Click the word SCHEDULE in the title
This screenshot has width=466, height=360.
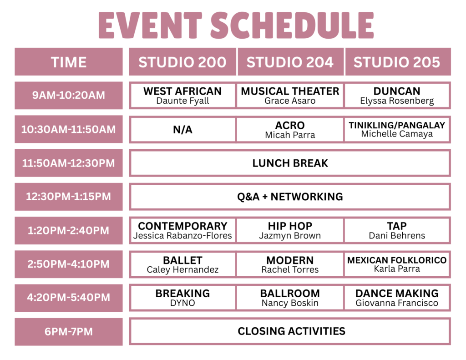[x=292, y=25]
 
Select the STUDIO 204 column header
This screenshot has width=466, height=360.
[x=290, y=62]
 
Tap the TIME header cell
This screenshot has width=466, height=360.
[x=69, y=62]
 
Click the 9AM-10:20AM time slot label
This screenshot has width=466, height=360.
[x=69, y=95]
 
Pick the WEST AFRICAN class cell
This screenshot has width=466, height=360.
[x=183, y=96]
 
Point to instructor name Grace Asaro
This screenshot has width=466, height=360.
[x=290, y=101]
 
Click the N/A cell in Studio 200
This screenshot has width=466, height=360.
[x=183, y=129]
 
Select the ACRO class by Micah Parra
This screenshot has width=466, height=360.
[x=290, y=129]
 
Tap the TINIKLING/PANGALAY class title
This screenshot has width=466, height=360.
[x=397, y=125]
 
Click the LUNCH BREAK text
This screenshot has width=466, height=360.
[x=290, y=163]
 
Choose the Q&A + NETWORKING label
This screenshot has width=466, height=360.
[x=290, y=197]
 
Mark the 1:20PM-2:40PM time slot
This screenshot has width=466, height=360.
[x=69, y=230]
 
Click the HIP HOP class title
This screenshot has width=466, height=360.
[x=290, y=226]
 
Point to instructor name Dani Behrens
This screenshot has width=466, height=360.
[x=397, y=236]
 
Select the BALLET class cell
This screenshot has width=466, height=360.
[x=183, y=264]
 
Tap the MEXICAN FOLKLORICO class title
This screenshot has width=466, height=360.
[x=397, y=260]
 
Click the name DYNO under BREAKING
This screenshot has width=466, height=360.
[x=183, y=303]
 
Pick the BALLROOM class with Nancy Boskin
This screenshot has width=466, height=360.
[x=290, y=298]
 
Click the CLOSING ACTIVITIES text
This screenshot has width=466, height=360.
[x=292, y=331]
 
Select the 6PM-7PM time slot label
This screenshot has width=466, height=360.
[x=69, y=331]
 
